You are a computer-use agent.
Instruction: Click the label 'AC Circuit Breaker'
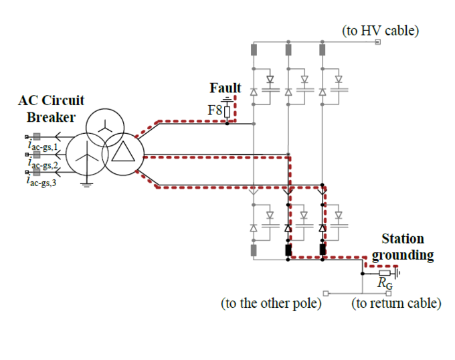[51, 108]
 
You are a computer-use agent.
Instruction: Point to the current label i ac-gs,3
[41, 180]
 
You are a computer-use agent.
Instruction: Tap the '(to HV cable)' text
[380, 30]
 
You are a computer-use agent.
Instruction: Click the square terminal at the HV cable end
[377, 43]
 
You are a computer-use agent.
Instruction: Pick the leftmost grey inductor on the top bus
[254, 50]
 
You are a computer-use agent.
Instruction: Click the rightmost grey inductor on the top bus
[323, 50]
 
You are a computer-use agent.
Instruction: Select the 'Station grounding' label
[402, 247]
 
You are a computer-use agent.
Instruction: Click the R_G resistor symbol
[384, 273]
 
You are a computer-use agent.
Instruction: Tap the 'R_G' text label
[384, 285]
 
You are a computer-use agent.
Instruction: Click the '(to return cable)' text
[396, 304]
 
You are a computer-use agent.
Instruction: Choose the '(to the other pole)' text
[271, 304]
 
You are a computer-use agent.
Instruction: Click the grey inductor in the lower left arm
[254, 250]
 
